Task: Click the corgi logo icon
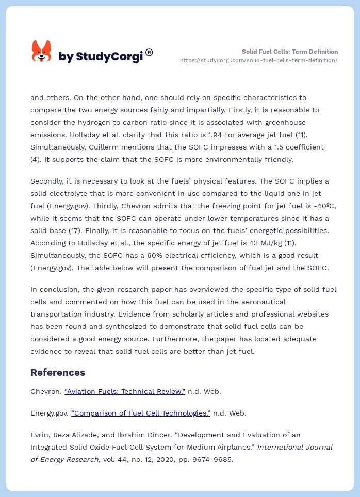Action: [x=41, y=52]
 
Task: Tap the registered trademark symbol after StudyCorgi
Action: [x=149, y=52]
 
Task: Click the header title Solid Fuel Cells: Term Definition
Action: [x=290, y=52]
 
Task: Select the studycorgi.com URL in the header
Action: [x=258, y=60]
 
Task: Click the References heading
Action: [x=58, y=372]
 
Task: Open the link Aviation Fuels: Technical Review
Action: [x=125, y=391]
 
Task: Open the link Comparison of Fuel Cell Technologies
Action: [x=141, y=413]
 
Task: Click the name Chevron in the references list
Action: [x=45, y=391]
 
